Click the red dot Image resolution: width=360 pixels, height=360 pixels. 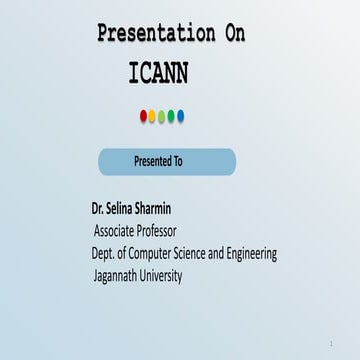(143, 116)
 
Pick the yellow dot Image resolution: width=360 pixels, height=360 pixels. (152, 116)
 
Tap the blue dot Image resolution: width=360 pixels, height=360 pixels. (181, 116)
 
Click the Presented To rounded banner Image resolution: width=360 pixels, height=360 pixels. (167, 161)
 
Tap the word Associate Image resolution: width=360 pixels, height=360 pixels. (118, 232)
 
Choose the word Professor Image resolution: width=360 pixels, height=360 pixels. (172, 232)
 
